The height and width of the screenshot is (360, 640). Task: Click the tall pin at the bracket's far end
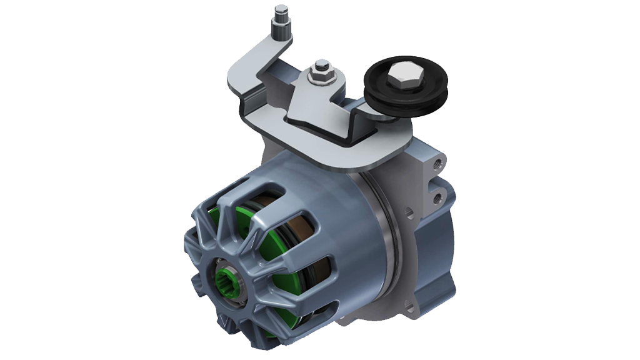(x=278, y=22)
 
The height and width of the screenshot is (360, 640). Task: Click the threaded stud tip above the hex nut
(x=321, y=64)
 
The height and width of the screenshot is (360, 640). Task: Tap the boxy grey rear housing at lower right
(x=431, y=250)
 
